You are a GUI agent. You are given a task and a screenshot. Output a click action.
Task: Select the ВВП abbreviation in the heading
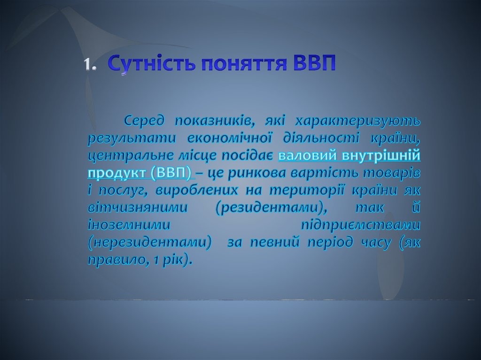coord(314,63)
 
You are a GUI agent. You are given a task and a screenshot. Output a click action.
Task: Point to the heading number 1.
coord(90,65)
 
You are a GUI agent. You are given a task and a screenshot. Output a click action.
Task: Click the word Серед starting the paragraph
coord(145,121)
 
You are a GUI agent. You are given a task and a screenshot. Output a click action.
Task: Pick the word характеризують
coord(357,122)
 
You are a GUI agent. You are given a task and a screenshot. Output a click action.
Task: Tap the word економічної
coord(229,138)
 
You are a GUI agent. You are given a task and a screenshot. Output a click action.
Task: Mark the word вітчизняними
coord(138,208)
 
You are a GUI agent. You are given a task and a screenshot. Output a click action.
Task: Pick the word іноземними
coord(129,225)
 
